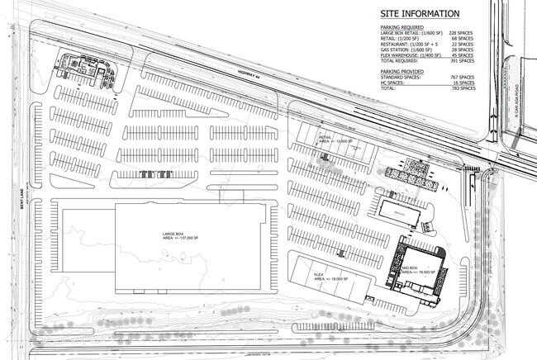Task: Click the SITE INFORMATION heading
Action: (419, 14)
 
